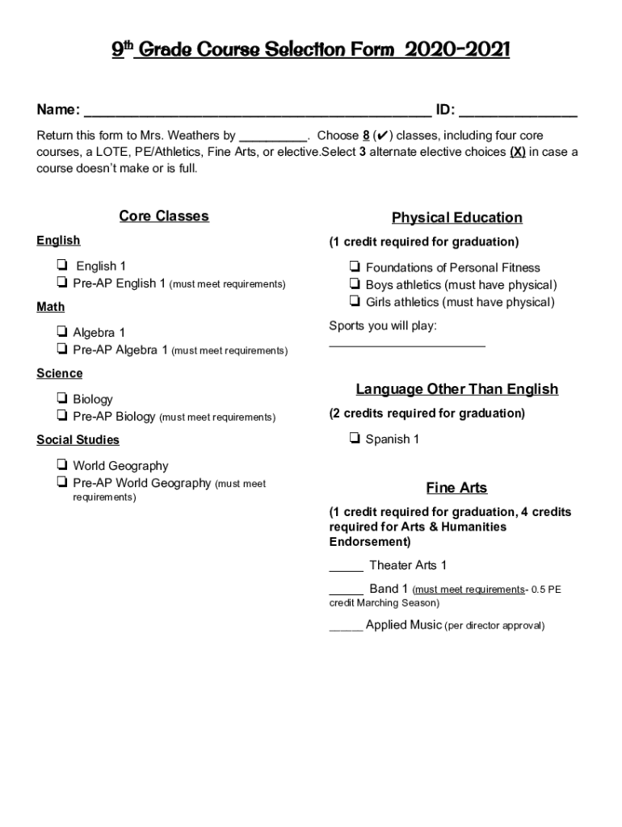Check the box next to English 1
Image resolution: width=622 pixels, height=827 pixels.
tap(61, 266)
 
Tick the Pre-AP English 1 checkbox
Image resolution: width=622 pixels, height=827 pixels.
tap(61, 283)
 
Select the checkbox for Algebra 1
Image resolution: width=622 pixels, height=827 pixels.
tap(61, 332)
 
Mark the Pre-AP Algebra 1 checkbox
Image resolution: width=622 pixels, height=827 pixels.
tap(61, 350)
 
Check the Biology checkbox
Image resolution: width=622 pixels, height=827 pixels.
tap(61, 399)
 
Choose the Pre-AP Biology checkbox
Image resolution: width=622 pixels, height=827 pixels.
tap(61, 416)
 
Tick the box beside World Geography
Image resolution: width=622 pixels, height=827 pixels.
tap(61, 465)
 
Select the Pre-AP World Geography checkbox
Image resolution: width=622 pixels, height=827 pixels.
tap(61, 483)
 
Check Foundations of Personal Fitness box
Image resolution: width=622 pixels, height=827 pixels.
tap(355, 267)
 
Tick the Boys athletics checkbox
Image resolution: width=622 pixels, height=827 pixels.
tap(355, 284)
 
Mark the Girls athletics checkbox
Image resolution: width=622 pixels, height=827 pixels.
tap(355, 302)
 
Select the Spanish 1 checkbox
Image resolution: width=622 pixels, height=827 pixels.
tap(355, 439)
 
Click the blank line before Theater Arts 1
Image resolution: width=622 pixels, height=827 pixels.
tap(346, 568)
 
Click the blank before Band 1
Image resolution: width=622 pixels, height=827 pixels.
tap(346, 592)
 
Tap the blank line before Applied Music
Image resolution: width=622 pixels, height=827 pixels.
tap(346, 628)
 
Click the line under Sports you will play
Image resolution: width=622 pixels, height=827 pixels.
tap(407, 344)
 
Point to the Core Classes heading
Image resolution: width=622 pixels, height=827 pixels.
tap(164, 216)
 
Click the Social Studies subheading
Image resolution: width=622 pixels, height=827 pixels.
tap(78, 440)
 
